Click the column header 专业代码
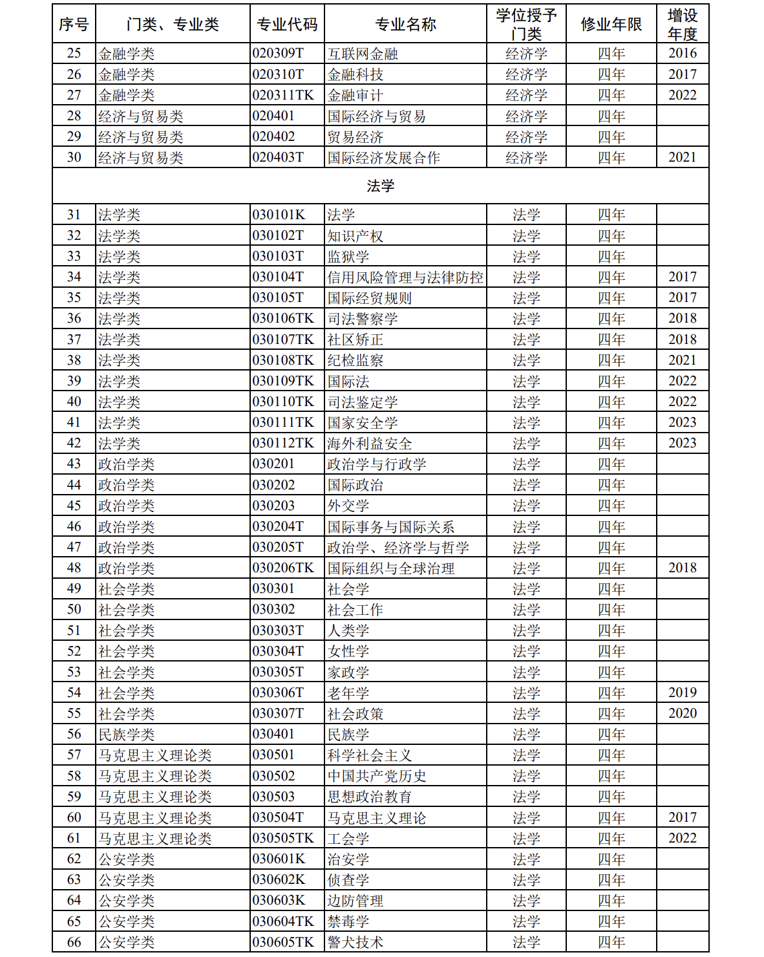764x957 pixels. [x=287, y=25]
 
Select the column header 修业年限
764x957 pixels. [x=611, y=25]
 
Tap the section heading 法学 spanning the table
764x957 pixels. [x=380, y=186]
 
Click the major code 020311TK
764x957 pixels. [x=283, y=95]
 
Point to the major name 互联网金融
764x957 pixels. [x=363, y=54]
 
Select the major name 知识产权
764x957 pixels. [x=355, y=236]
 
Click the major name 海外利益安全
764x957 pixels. [x=370, y=444]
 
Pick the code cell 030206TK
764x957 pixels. [x=283, y=568]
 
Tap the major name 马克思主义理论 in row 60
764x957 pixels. [x=377, y=818]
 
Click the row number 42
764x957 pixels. [x=74, y=444]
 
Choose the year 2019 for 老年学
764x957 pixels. [x=683, y=693]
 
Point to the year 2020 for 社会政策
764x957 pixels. [x=683, y=713]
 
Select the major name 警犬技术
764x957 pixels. [x=355, y=942]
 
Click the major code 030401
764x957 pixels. [x=273, y=734]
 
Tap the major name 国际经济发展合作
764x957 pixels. [x=384, y=158]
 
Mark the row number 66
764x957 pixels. [x=74, y=942]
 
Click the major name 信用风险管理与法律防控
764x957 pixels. [x=405, y=277]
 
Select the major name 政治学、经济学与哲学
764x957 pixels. [x=398, y=548]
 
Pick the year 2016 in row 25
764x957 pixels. [x=683, y=53]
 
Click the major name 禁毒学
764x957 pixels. [x=348, y=921]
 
